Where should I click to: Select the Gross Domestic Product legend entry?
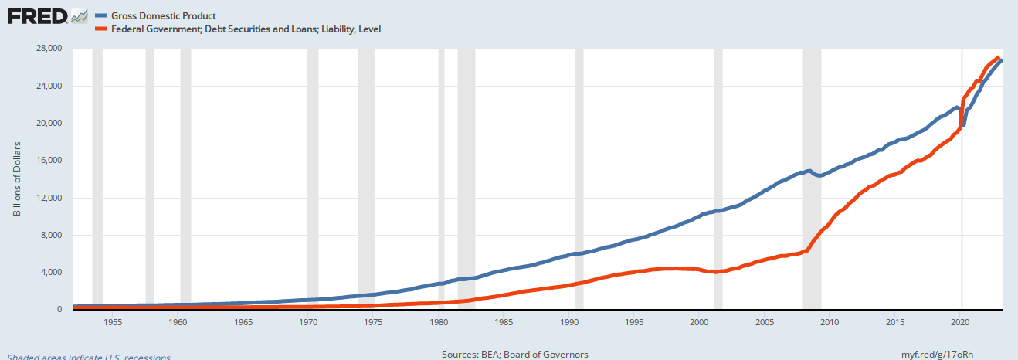pos(165,15)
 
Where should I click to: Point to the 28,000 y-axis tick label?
pos(50,49)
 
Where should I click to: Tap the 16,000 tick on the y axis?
pos(50,161)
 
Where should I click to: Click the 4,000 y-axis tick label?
pos(53,273)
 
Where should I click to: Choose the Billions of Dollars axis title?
pos(17,178)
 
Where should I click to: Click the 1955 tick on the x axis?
pos(112,322)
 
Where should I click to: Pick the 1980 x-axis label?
pos(439,322)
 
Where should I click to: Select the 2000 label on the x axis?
pos(700,322)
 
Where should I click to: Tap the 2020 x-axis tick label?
pos(961,322)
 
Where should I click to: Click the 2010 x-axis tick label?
pos(830,322)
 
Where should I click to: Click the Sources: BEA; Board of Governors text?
pos(514,354)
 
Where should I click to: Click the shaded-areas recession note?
pos(85,356)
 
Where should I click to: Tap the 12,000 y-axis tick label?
pos(50,198)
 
